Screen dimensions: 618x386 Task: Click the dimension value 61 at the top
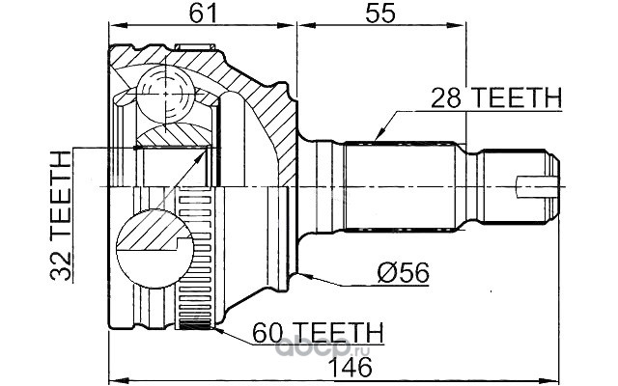(x=204, y=13)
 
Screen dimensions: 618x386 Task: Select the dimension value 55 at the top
(x=379, y=13)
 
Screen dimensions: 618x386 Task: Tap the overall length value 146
(x=351, y=367)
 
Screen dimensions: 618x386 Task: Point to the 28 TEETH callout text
(x=495, y=97)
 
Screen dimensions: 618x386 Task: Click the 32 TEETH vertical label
(x=61, y=216)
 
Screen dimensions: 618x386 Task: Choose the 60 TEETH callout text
(x=318, y=333)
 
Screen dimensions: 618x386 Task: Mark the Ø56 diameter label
(x=403, y=272)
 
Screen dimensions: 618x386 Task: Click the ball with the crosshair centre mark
(x=166, y=95)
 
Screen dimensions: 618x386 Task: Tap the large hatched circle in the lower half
(x=154, y=249)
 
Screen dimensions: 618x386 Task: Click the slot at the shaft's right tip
(x=538, y=187)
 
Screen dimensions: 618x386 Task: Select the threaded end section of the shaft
(x=514, y=186)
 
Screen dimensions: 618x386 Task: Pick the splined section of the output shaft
(x=402, y=185)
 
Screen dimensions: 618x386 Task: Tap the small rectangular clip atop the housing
(x=195, y=47)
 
